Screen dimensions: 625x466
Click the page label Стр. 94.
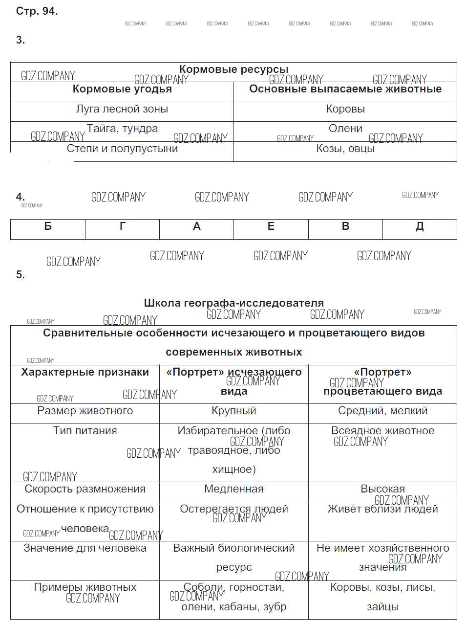[37, 11]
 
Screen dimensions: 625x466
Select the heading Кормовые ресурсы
[233, 69]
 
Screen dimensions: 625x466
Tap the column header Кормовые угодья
[122, 89]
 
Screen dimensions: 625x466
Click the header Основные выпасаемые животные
[345, 89]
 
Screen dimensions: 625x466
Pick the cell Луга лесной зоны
[122, 109]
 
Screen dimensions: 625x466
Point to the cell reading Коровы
[345, 109]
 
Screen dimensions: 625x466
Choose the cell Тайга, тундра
[122, 129]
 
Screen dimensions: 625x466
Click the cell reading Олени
[345, 129]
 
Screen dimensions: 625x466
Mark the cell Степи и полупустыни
[122, 149]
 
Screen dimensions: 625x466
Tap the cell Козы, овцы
[345, 149]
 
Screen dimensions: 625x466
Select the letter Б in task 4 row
[48, 226]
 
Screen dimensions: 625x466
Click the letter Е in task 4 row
[271, 226]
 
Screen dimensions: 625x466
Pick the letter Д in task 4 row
[420, 226]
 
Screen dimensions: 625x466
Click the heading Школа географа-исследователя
[233, 303]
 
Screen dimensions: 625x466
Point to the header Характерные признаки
[85, 372]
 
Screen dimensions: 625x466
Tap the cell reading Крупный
[233, 411]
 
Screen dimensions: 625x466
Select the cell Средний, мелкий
[382, 411]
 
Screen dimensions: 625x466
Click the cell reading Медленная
[233, 489]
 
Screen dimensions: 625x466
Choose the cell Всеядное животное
[382, 431]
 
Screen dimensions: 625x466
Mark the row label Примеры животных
[85, 587]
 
